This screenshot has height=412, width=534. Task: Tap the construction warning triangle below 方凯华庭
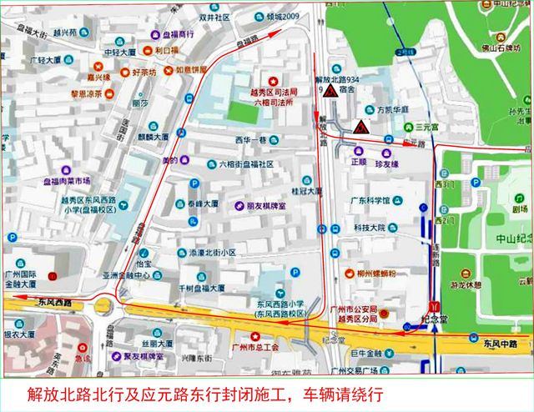point(360,128)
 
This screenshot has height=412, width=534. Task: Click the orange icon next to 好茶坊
point(124,73)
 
